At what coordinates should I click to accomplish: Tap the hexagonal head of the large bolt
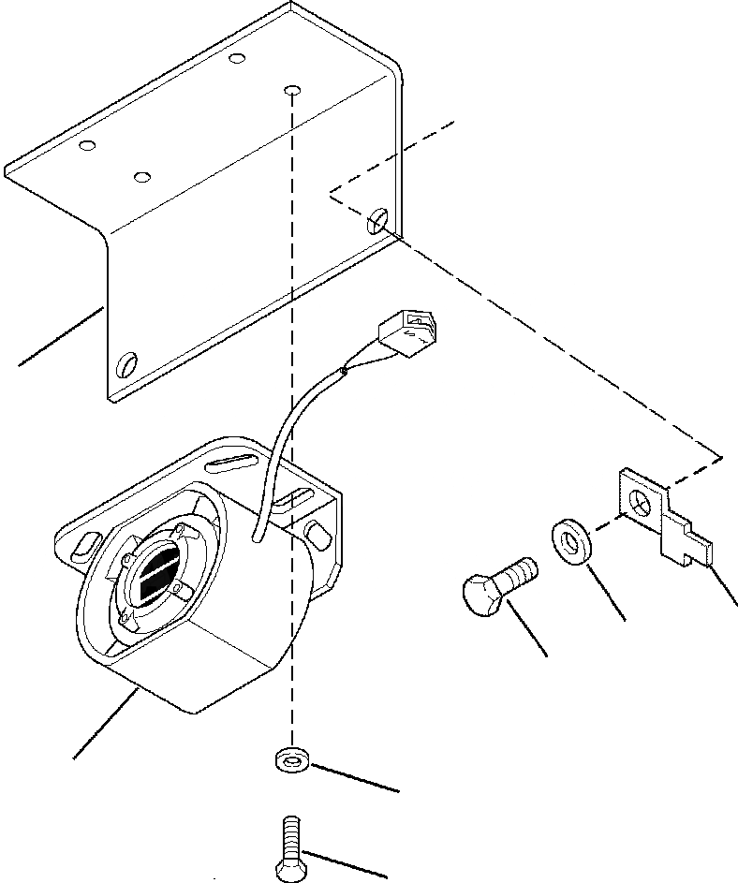point(484,596)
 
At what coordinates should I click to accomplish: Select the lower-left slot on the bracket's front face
point(126,363)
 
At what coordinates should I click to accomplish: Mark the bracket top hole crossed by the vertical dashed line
point(292,92)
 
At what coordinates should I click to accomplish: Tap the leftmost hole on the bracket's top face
point(87,146)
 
